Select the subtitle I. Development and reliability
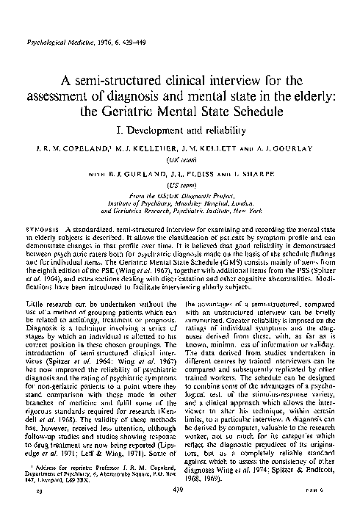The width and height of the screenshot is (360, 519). point(180,132)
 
